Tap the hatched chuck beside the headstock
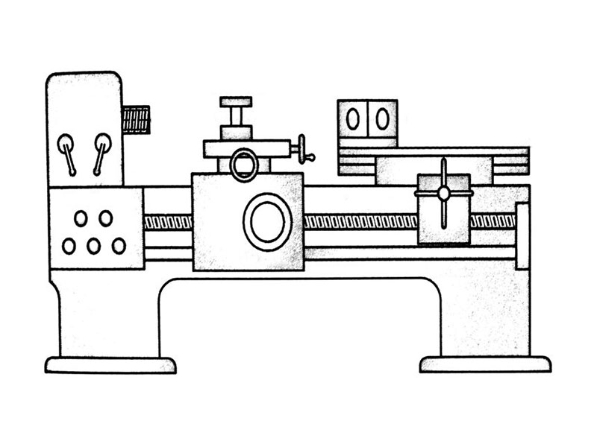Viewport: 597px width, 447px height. coord(137,120)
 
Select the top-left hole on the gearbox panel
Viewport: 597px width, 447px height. coord(81,218)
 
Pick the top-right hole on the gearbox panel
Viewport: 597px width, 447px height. coord(106,218)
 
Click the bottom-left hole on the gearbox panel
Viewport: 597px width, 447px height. coord(69,246)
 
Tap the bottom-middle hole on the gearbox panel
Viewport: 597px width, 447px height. coord(94,246)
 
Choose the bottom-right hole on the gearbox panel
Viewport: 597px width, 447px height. coord(119,245)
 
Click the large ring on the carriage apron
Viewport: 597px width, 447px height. coord(267,222)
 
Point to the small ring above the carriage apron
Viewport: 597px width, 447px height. coord(243,165)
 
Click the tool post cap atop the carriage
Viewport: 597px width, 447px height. coord(236,102)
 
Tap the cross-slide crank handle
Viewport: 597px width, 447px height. coord(304,148)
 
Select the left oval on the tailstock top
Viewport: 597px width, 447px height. coord(352,118)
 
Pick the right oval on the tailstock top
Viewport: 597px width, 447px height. coord(382,118)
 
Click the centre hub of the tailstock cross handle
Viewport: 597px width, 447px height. coord(443,193)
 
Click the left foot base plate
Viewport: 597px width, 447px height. coord(110,365)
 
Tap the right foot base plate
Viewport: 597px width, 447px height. coord(485,364)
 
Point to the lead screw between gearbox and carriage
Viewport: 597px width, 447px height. coord(168,222)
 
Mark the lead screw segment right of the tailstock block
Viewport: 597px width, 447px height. coord(492,221)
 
